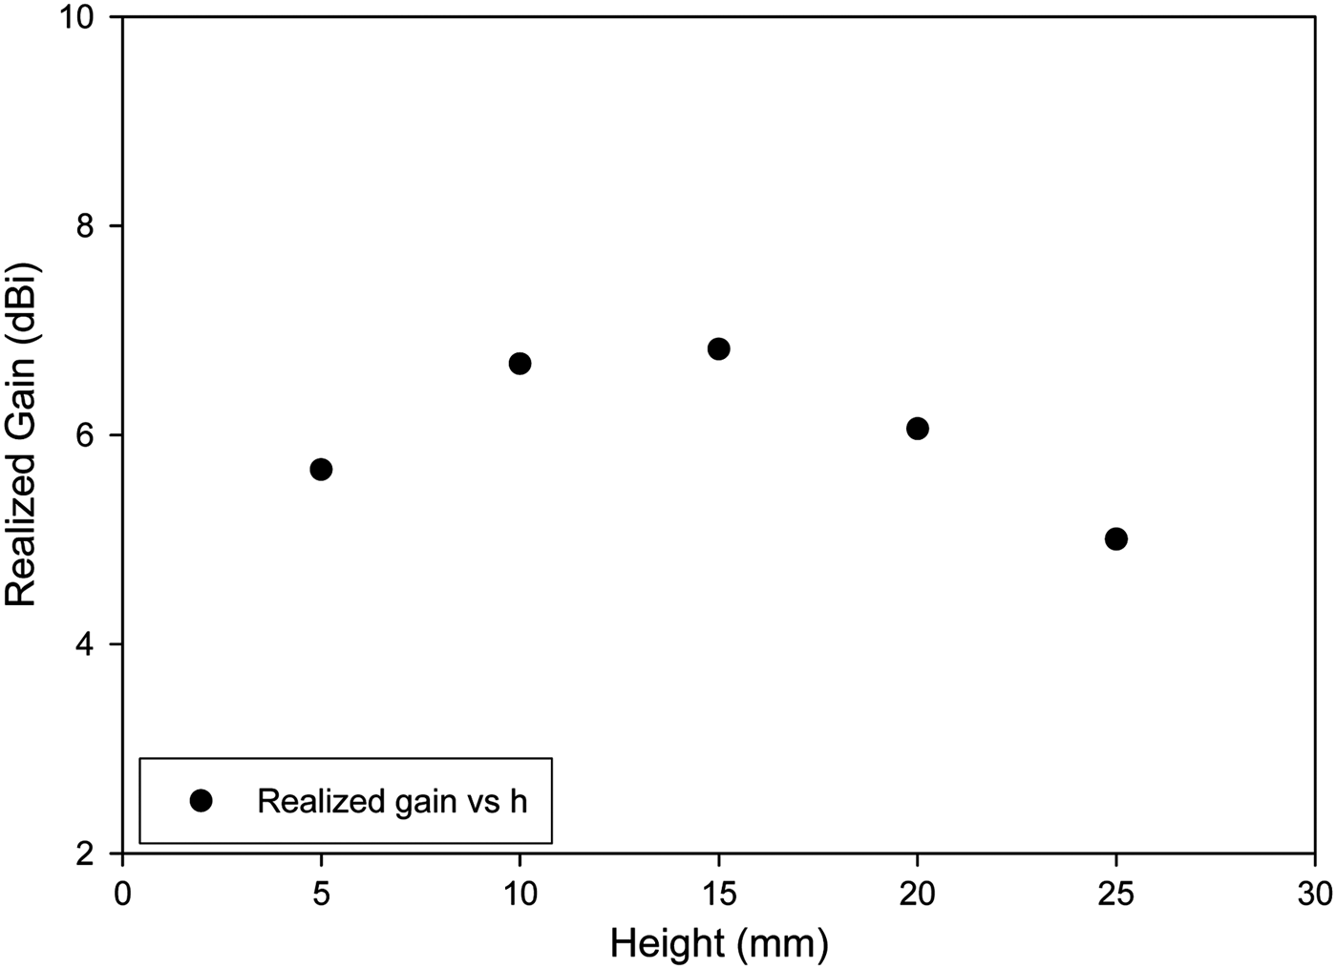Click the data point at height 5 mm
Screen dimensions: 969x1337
pos(321,469)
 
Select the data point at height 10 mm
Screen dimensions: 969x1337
pos(520,363)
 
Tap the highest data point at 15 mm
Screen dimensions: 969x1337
pos(719,348)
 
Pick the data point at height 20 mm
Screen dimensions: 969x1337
pos(918,428)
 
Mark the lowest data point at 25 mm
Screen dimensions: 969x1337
pos(1115,538)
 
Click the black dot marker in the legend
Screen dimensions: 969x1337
pos(201,801)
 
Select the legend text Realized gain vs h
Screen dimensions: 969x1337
pos(392,801)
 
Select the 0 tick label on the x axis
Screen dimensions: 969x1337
pos(122,895)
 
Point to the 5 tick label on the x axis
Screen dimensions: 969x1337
pos(321,895)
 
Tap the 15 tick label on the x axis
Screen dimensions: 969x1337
pos(719,895)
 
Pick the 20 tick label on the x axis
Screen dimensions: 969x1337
pos(918,895)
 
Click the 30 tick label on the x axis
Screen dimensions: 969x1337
pos(1315,895)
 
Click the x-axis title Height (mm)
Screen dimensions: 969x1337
pos(719,944)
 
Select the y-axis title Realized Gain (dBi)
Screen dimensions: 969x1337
pos(21,435)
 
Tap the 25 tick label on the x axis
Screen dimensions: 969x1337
pos(1115,895)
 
